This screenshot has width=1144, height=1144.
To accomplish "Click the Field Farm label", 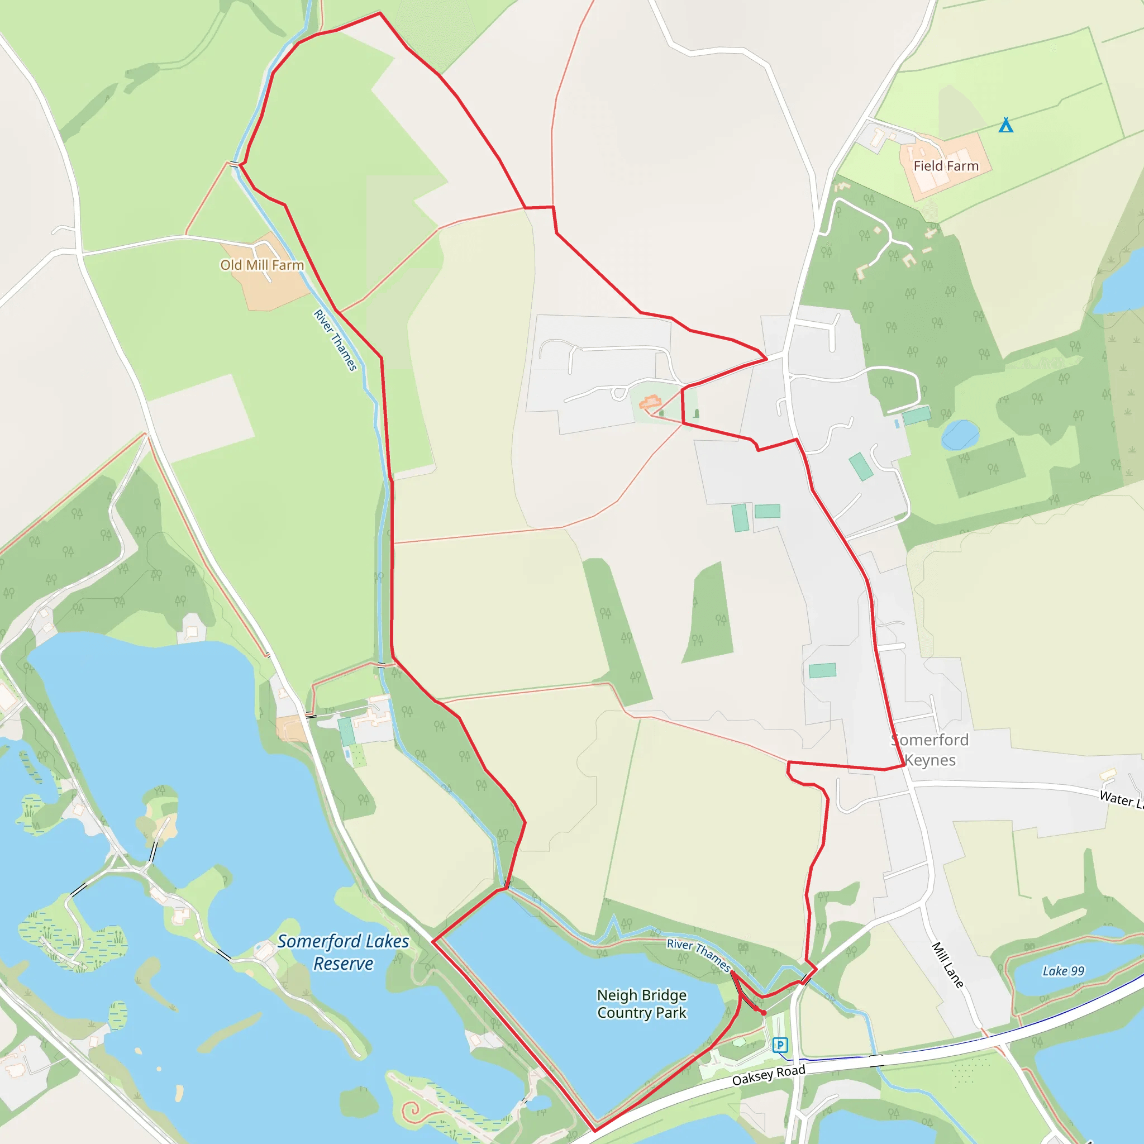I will click(946, 166).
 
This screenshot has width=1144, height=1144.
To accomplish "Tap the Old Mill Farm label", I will click(262, 265).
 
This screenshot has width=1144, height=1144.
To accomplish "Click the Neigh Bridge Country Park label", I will click(641, 1004).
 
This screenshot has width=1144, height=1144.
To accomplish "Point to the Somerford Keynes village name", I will click(930, 750).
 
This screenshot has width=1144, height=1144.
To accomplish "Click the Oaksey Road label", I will click(768, 1075).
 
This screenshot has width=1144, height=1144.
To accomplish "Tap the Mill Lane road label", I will click(947, 965).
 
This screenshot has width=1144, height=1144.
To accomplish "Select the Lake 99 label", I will click(1063, 971).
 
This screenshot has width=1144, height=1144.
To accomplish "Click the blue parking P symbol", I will click(780, 1045).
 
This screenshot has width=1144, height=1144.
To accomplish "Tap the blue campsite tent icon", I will click(1005, 125).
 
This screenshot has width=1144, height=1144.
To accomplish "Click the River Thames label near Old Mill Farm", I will click(335, 341).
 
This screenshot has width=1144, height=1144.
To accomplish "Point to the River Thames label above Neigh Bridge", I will click(699, 955).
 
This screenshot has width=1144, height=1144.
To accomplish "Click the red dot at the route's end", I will click(764, 1013).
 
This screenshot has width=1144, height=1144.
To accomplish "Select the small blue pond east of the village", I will click(960, 434).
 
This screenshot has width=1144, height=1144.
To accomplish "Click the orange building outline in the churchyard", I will click(650, 403).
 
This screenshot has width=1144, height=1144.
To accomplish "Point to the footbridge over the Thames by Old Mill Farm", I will click(235, 164).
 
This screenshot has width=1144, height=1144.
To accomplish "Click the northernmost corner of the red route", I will click(379, 13).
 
